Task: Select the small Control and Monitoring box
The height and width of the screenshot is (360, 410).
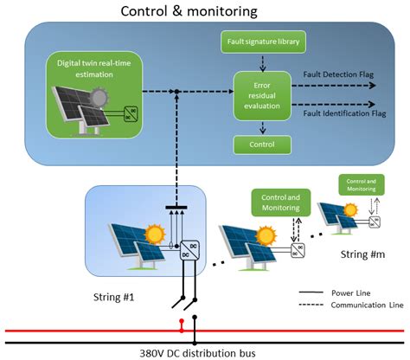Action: coord(362,184)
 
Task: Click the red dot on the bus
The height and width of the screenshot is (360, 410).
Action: coord(181,329)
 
